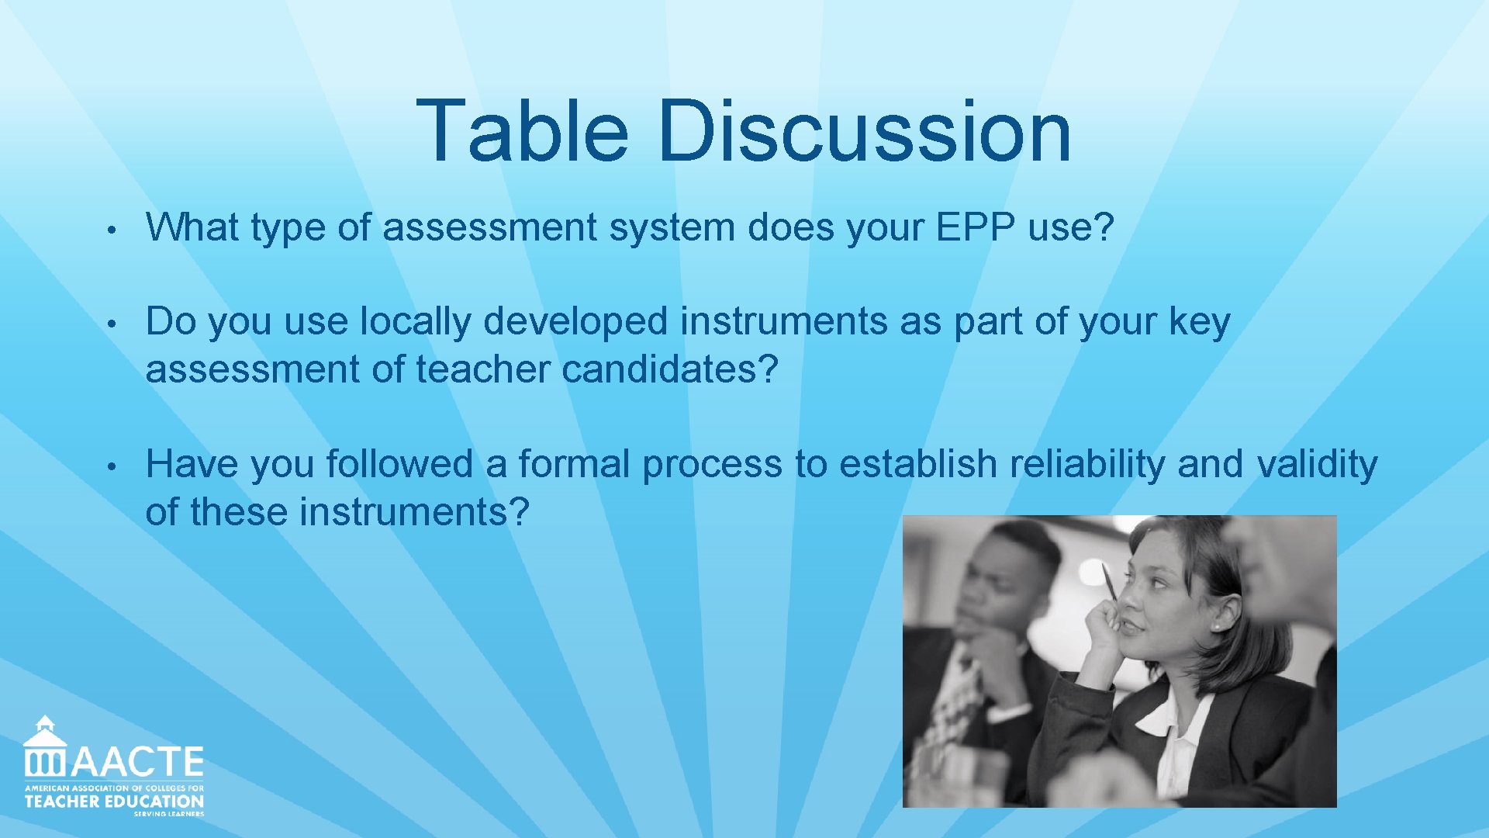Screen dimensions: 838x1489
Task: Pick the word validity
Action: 1317,464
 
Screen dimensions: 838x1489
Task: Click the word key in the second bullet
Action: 1199,321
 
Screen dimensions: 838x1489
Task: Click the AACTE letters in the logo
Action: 138,762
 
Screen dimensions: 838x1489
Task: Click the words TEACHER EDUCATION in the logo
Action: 114,801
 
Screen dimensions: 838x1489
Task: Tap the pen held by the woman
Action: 1110,583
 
